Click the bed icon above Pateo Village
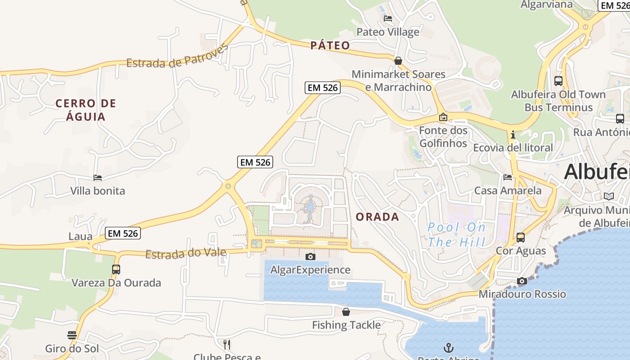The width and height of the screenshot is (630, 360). click(x=387, y=18)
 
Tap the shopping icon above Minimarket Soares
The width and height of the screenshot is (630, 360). click(x=398, y=61)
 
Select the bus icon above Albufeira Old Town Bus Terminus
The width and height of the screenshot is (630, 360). click(x=558, y=81)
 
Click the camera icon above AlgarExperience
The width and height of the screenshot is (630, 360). click(x=310, y=256)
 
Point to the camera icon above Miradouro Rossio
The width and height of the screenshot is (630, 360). click(x=522, y=281)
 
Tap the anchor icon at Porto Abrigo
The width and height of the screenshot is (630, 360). click(x=448, y=347)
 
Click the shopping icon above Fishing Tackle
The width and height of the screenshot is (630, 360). click(x=346, y=311)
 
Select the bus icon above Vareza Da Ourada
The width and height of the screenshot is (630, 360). click(x=116, y=270)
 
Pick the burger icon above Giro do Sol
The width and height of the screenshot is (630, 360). click(x=72, y=335)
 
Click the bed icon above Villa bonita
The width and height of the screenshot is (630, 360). click(x=98, y=178)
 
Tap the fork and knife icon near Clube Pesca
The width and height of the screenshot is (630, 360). click(x=227, y=345)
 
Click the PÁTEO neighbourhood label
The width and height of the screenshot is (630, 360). click(x=330, y=45)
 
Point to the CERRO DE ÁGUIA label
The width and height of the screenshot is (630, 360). click(x=85, y=110)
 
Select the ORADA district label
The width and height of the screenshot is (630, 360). click(x=377, y=217)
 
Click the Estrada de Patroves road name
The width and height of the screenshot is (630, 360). click(x=177, y=58)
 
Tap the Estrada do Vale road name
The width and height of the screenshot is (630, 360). click(x=185, y=253)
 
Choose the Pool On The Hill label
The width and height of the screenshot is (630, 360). click(x=456, y=234)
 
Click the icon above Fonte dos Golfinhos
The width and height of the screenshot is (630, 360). click(x=443, y=117)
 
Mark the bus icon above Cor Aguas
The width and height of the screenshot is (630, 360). click(x=521, y=237)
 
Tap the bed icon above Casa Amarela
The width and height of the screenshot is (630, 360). click(x=508, y=177)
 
